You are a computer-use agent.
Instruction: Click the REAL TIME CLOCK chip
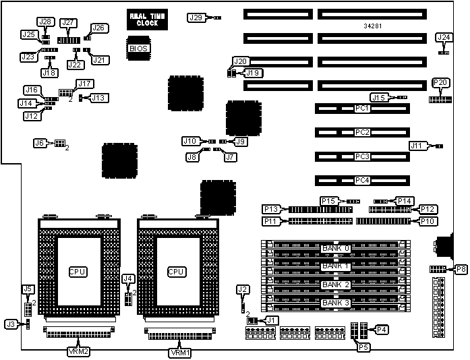(143, 19)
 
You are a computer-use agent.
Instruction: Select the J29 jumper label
(195, 17)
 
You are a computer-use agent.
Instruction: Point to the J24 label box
(443, 38)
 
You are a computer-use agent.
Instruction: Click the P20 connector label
(440, 83)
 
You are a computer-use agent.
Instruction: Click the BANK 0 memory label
(336, 248)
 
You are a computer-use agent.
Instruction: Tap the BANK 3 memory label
(336, 303)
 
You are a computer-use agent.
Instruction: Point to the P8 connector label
(461, 270)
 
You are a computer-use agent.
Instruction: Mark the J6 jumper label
(39, 143)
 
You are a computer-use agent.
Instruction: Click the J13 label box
(98, 98)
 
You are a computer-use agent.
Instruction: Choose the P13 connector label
(273, 209)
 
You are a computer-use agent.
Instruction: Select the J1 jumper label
(271, 320)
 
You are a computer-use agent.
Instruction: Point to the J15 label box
(379, 98)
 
